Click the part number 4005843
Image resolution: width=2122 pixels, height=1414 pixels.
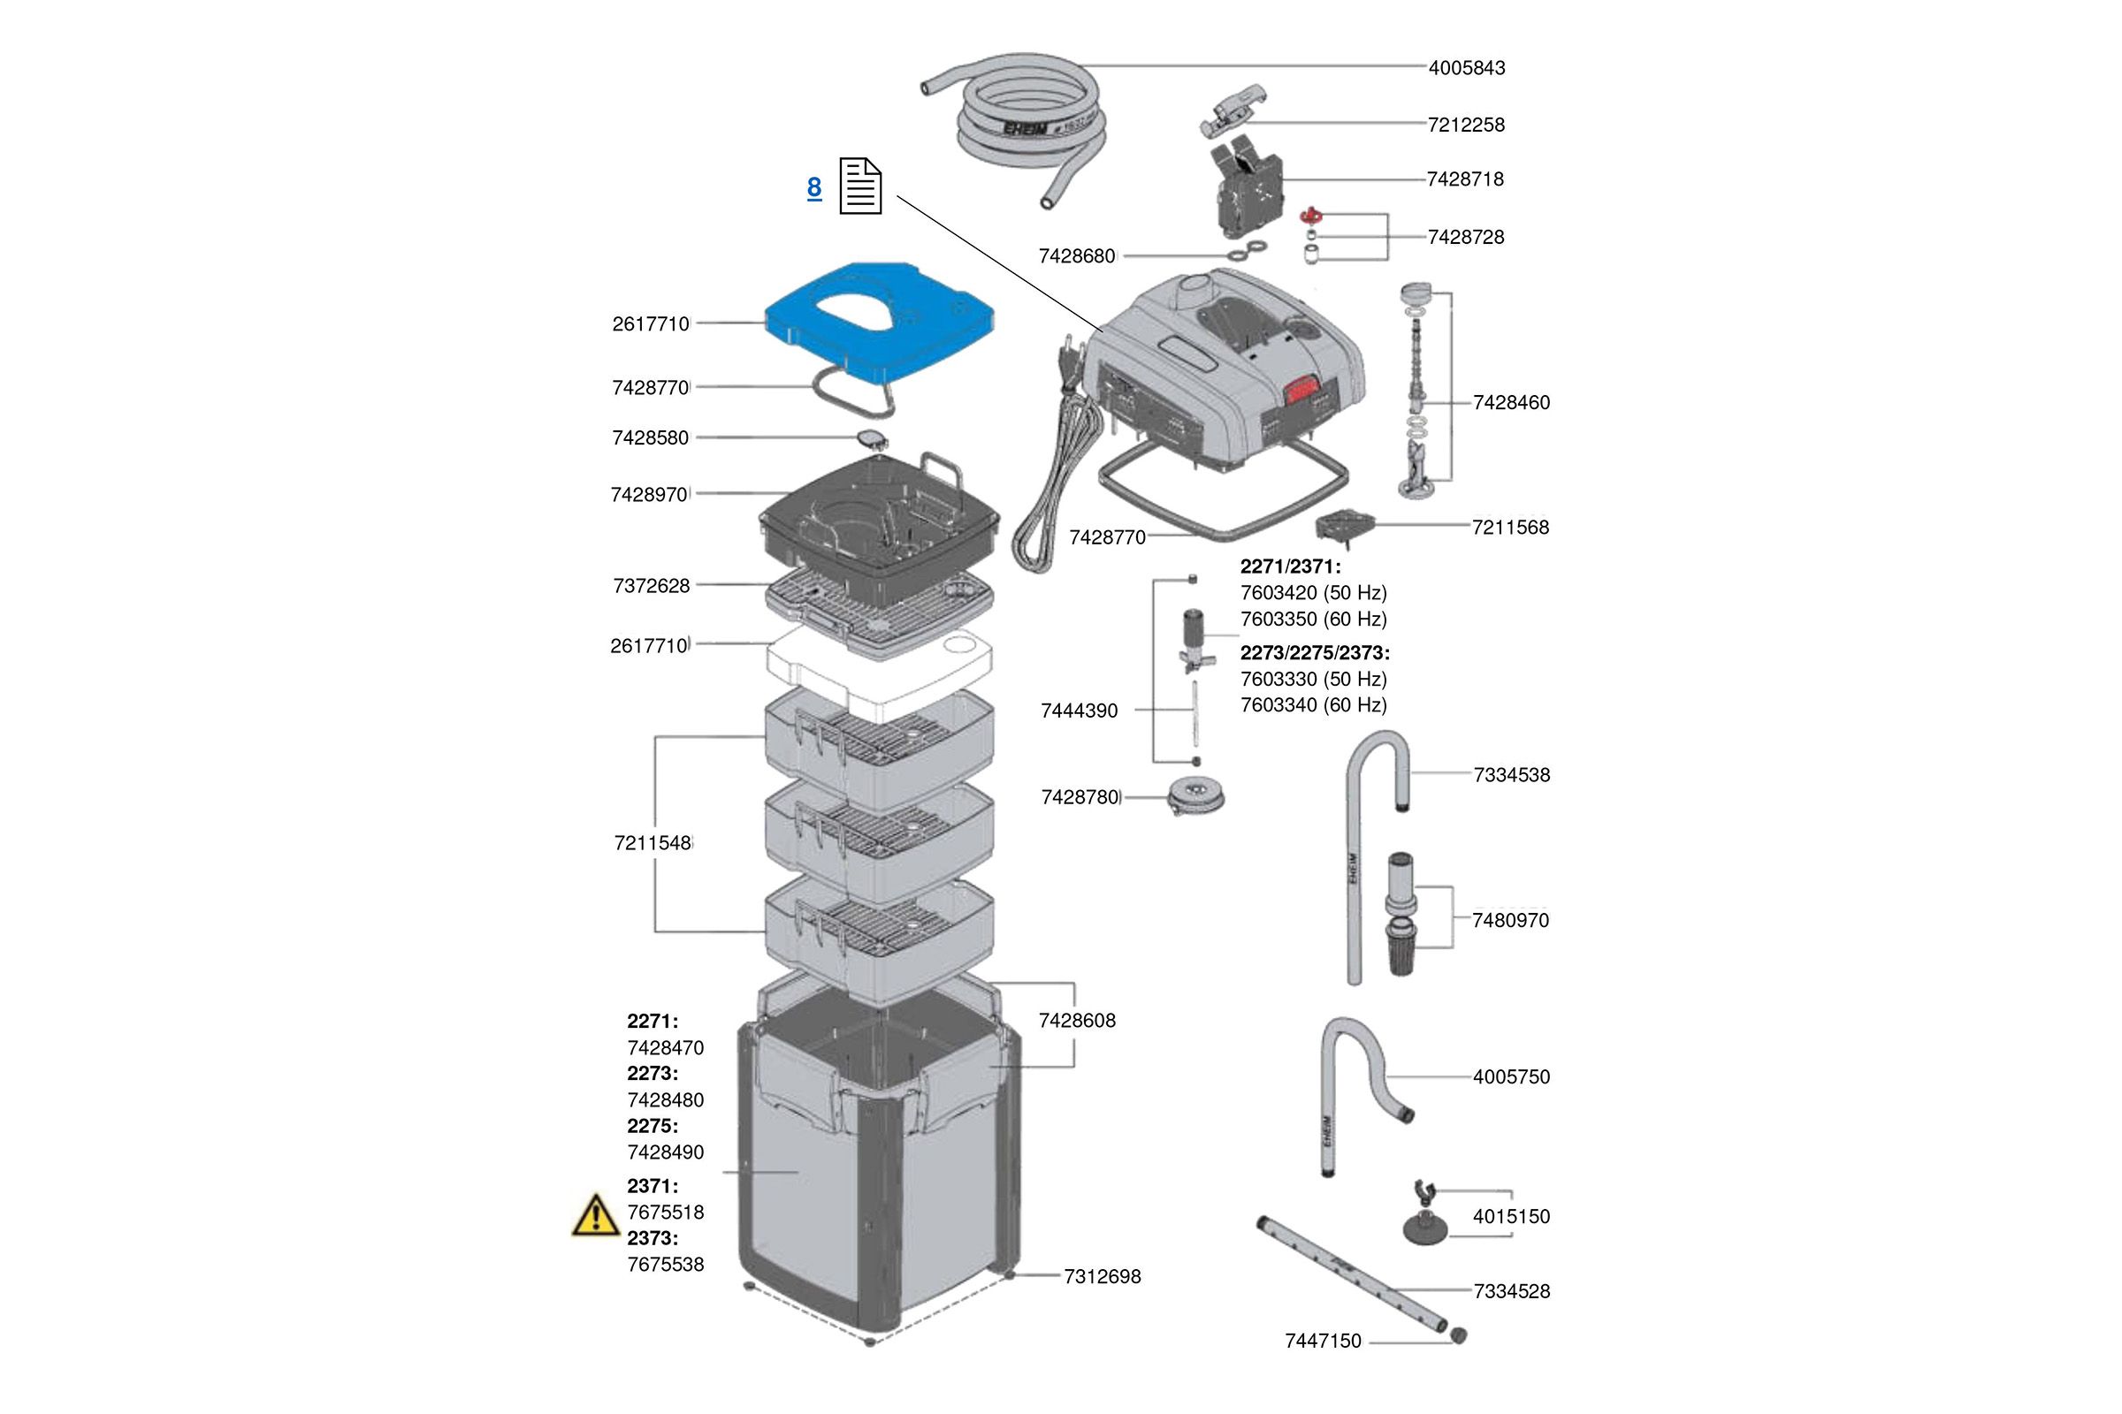[1466, 68]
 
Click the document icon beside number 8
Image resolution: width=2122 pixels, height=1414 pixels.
[859, 186]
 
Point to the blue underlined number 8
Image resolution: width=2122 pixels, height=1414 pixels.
[813, 187]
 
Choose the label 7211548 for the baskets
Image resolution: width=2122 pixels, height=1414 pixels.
[653, 843]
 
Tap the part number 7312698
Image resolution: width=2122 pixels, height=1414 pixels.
[1102, 1276]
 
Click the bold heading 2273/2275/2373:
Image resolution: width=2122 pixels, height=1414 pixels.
[1315, 652]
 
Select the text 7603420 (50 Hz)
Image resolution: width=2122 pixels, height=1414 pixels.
[1313, 592]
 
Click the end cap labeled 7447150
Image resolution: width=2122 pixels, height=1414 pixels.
[1459, 1335]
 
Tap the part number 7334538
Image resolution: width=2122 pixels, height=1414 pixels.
[1511, 775]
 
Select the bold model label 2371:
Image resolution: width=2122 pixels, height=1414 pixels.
[653, 1186]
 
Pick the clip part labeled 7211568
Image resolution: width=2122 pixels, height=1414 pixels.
[1344, 526]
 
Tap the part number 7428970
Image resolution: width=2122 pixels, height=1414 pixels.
[649, 494]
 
